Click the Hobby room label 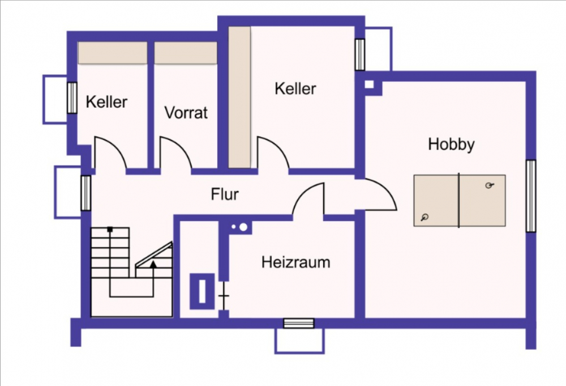[451, 144]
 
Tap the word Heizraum [295, 262]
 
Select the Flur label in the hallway [225, 194]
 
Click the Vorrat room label [186, 112]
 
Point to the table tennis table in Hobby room [460, 201]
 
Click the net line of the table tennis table [459, 201]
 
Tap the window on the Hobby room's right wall [531, 196]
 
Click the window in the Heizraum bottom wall [298, 323]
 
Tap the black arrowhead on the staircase [153, 264]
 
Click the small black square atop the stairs [110, 229]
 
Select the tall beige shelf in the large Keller [239, 97]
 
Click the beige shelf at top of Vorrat [186, 53]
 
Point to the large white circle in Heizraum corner [243, 227]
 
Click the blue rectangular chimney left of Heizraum [202, 291]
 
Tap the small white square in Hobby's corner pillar [369, 84]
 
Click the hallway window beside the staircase [85, 193]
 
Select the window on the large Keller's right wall [360, 54]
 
